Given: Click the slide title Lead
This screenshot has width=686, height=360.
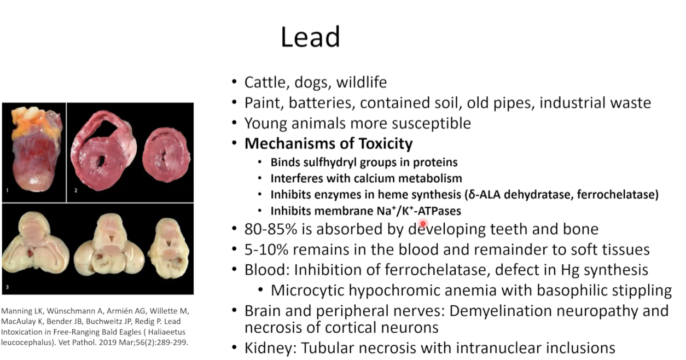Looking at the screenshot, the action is coord(310,37).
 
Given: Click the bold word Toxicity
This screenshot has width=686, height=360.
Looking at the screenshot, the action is coord(386,144).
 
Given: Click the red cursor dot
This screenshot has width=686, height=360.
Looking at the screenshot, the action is coord(423,224).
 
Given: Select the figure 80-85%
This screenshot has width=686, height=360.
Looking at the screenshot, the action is coord(271,229).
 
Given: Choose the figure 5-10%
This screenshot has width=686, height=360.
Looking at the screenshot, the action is coord(266,249).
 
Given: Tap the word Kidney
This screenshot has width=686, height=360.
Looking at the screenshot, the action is coord(270,348).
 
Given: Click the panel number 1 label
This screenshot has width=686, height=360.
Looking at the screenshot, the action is coord(7,190).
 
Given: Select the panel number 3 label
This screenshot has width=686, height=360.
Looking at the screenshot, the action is coord(7,287).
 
